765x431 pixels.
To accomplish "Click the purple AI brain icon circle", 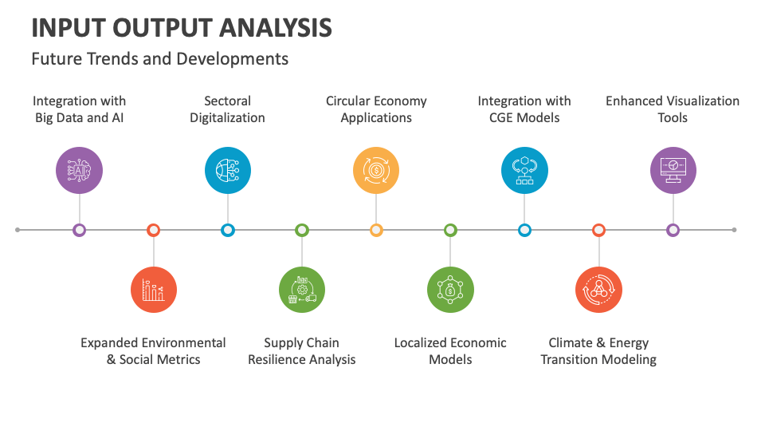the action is [x=79, y=171].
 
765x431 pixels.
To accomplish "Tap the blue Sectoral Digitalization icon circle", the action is [x=228, y=171].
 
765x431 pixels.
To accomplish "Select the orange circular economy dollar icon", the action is [x=376, y=171].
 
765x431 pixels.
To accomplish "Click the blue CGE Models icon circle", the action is [x=524, y=171].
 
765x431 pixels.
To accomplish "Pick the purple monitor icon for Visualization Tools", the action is [x=673, y=171].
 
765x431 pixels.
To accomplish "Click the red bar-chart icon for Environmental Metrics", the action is [x=154, y=290].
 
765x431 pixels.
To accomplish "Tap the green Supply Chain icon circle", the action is [x=302, y=290].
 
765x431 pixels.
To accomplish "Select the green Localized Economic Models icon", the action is [x=450, y=290].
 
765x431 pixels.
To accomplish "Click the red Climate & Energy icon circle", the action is [x=598, y=290].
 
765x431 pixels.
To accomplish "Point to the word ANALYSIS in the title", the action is [x=276, y=28].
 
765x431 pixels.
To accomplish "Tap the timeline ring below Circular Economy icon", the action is [x=376, y=230].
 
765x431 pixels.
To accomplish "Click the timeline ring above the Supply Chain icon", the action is [x=302, y=230].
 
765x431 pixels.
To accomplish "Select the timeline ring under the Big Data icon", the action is [x=79, y=230].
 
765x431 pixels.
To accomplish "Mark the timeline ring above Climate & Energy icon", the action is [x=598, y=230].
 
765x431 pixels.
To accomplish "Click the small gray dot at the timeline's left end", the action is [x=18, y=230].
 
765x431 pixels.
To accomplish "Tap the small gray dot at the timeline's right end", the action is [x=734, y=230].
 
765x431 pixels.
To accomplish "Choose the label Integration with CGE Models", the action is [x=524, y=109].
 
